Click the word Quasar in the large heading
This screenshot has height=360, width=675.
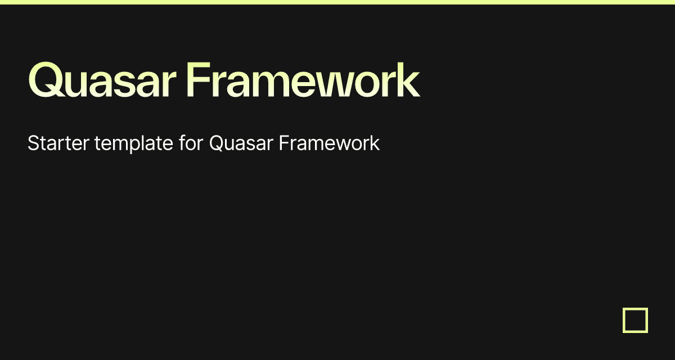(x=102, y=82)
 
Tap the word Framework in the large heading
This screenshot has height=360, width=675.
(x=303, y=82)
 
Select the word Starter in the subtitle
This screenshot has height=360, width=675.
(x=58, y=143)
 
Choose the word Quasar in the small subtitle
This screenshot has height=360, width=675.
(x=241, y=143)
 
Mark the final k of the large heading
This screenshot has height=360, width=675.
(x=409, y=82)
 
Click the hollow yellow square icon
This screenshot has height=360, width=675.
(x=635, y=320)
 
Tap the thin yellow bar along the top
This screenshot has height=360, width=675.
(x=337, y=2)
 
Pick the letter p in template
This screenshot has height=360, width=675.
(x=134, y=146)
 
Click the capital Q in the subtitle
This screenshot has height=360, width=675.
(x=216, y=143)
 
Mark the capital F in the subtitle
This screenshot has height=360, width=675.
(x=283, y=143)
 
